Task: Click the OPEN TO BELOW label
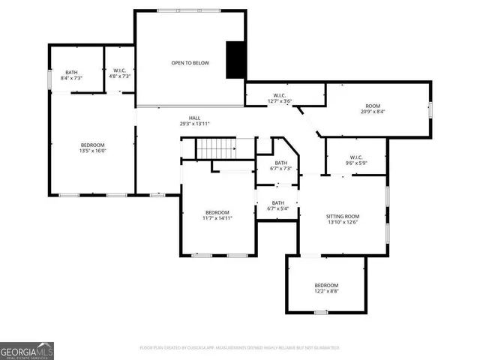189,63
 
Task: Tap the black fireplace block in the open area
237,59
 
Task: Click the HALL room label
194,118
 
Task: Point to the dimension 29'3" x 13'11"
194,124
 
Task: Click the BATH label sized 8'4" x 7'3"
71,72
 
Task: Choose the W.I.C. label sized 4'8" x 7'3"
118,72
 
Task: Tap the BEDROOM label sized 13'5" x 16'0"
93,144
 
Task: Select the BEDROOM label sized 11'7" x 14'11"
217,212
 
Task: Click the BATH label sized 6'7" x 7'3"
280,163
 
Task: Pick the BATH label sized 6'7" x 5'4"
277,202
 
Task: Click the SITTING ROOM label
342,216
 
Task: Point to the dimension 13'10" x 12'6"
342,222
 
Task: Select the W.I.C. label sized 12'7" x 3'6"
280,95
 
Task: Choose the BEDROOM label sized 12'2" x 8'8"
325,285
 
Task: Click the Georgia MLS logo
27,350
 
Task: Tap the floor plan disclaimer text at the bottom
240,348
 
